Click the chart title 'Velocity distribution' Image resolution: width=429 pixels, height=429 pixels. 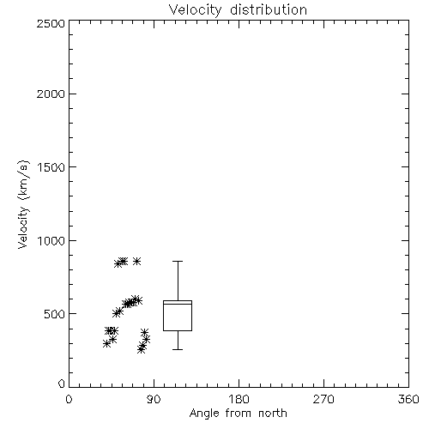tap(238, 10)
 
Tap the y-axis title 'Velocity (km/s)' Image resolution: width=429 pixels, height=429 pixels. tap(23, 204)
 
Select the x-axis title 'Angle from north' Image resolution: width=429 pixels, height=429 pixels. tap(238, 414)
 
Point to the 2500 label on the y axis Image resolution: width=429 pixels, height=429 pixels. tap(51, 23)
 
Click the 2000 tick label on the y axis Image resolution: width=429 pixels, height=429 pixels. tap(51, 94)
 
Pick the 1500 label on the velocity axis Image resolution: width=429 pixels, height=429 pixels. tap(51, 167)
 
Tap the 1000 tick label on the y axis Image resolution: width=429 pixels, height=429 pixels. tap(51, 240)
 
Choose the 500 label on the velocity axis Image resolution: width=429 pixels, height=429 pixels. tap(55, 314)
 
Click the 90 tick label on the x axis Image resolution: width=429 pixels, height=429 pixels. tap(154, 399)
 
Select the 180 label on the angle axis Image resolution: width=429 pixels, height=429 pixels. tap(239, 399)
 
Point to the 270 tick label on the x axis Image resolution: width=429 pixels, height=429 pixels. tap(323, 399)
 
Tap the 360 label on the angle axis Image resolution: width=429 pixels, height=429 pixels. tap(408, 399)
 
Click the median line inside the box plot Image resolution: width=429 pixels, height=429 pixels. tap(178, 304)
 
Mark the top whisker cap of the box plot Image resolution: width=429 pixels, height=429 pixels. tap(178, 261)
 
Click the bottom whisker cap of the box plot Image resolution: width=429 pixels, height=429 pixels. tap(178, 349)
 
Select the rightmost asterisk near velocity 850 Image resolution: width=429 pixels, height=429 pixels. tap(136, 261)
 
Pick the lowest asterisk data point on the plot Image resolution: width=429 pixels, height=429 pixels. tap(141, 349)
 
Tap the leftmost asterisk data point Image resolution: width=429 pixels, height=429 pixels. tap(106, 344)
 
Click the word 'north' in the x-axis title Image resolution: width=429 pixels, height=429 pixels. tap(273, 414)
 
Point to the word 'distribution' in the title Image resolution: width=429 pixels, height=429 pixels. tap(269, 10)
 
